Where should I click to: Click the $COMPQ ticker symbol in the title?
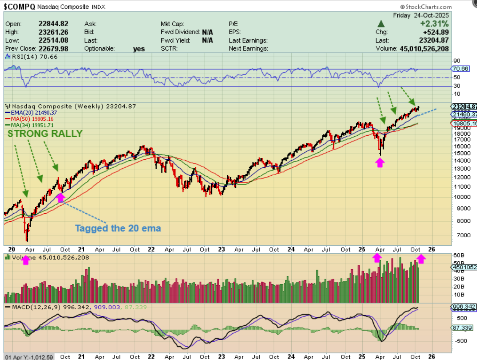[19, 6]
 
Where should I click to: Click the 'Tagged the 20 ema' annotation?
[118, 228]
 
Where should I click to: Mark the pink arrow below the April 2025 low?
[379, 163]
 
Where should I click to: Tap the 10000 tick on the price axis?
[458, 197]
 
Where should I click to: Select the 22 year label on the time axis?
[151, 250]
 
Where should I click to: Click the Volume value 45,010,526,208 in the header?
[424, 49]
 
